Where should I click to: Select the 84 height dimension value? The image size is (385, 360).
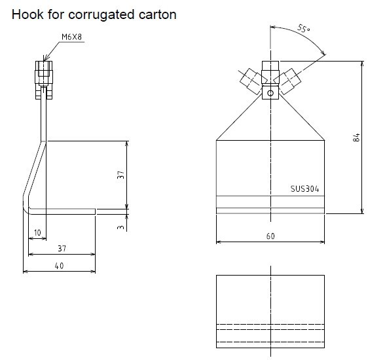pyautogui.click(x=356, y=137)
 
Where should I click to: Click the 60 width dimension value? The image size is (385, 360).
pyautogui.click(x=270, y=236)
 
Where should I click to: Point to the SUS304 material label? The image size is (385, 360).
pyautogui.click(x=304, y=189)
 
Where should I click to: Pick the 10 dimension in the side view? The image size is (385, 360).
pyautogui.click(x=37, y=232)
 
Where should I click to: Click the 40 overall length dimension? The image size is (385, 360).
pyautogui.click(x=59, y=266)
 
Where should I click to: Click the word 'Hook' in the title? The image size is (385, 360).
pyautogui.click(x=26, y=14)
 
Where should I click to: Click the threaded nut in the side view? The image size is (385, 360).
pyautogui.click(x=44, y=73)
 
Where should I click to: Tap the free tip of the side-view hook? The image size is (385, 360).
pyautogui.click(x=95, y=211)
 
